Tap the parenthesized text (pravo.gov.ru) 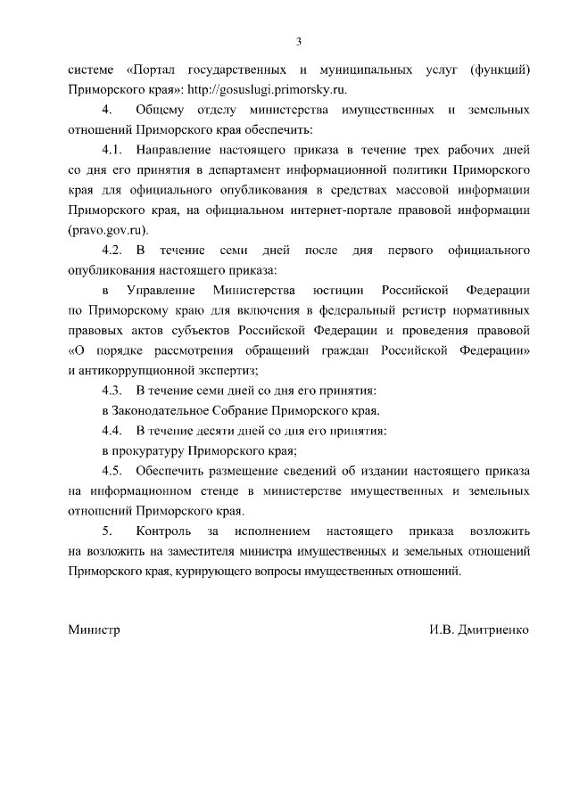pos(108,229)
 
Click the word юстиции pos(339,290)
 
